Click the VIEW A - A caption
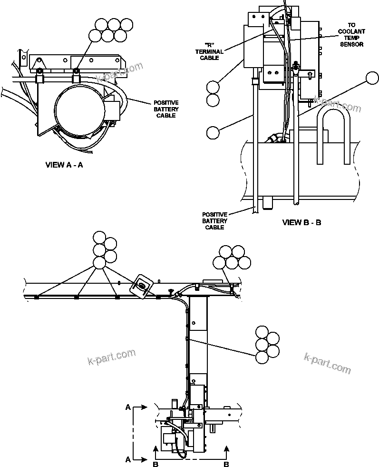[x=64, y=165]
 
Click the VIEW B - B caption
[x=301, y=222]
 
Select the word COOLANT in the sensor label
[x=351, y=32]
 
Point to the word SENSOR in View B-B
[x=351, y=44]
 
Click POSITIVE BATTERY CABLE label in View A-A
[x=166, y=109]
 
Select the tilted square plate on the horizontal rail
[x=142, y=286]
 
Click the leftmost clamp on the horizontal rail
[x=36, y=298]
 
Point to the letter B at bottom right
[x=227, y=463]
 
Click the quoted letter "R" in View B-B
[x=210, y=45]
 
